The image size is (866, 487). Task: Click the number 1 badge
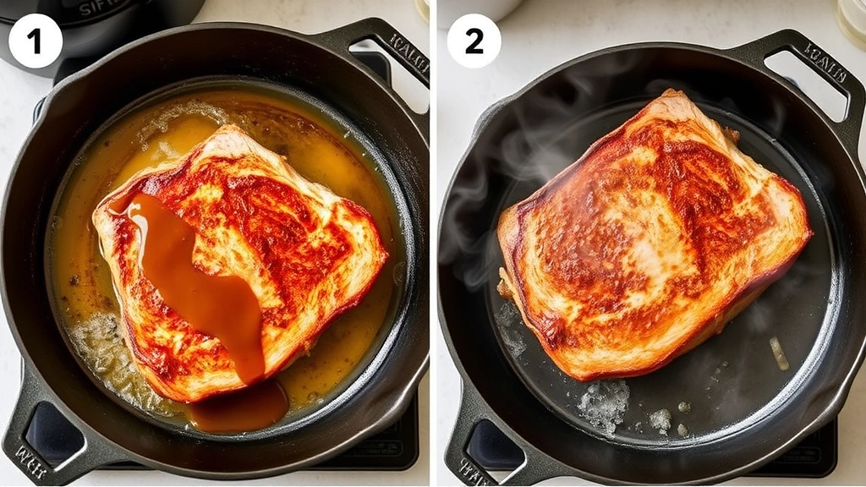coord(36,41)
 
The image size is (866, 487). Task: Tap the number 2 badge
coord(474,41)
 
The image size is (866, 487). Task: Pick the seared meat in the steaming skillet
coord(651,237)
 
